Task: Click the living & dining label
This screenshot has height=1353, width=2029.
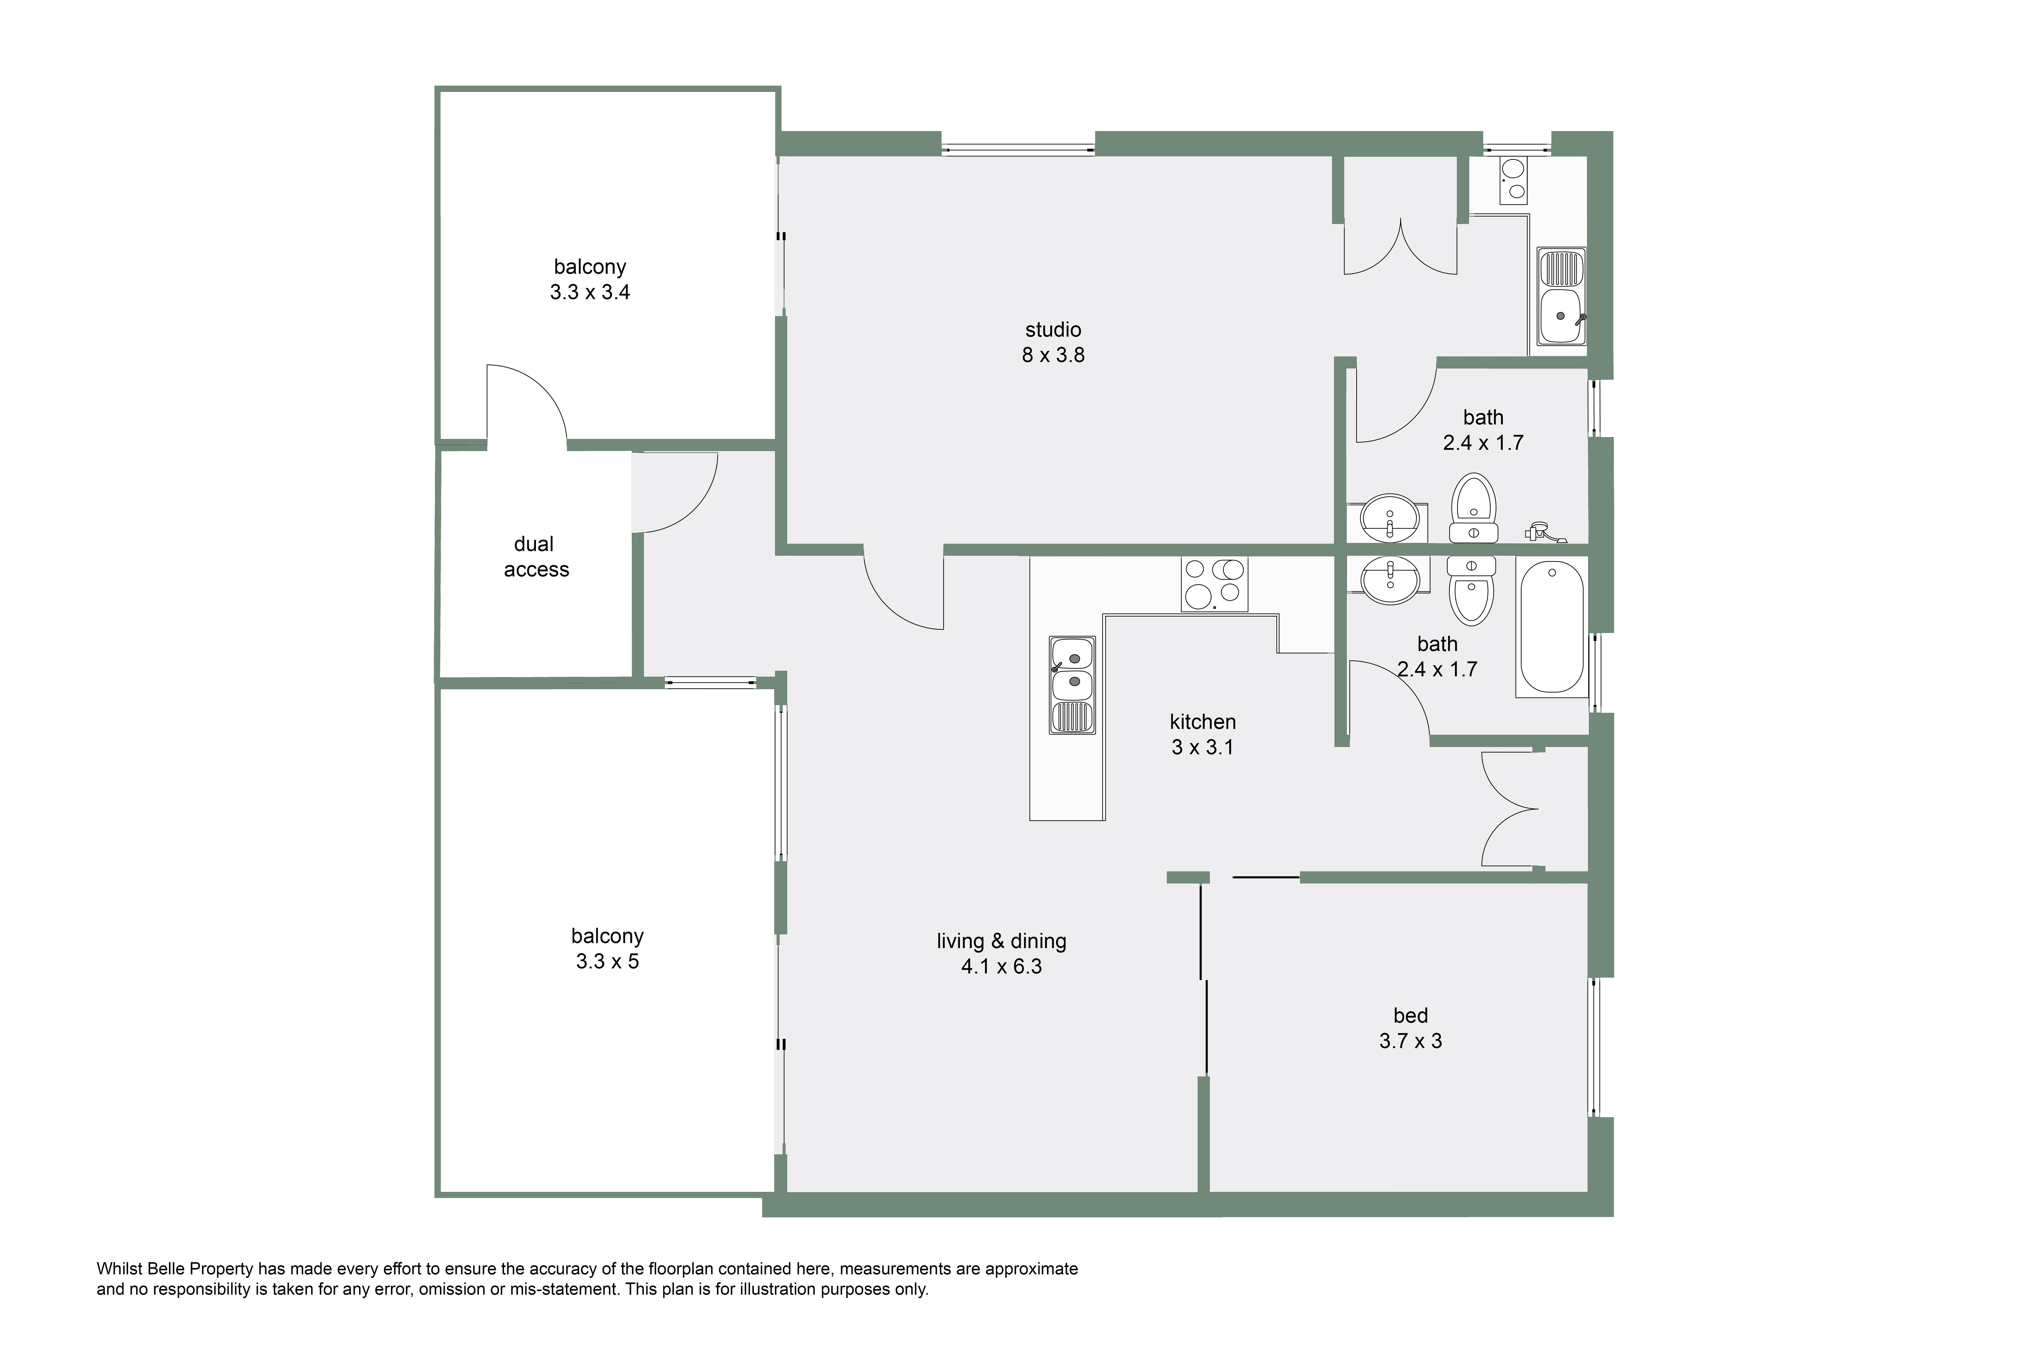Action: coord(1002,941)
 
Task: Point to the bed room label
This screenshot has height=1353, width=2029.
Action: coord(1410,1016)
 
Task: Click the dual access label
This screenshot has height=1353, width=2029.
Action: coord(536,557)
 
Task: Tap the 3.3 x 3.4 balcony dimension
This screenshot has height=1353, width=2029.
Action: coord(590,293)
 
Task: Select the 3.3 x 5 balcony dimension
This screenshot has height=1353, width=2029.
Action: coord(607,961)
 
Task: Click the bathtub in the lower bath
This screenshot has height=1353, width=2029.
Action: coord(1551,626)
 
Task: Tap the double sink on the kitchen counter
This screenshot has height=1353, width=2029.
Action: coord(1072,685)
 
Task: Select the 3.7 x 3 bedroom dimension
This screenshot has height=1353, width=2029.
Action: coord(1410,1041)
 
